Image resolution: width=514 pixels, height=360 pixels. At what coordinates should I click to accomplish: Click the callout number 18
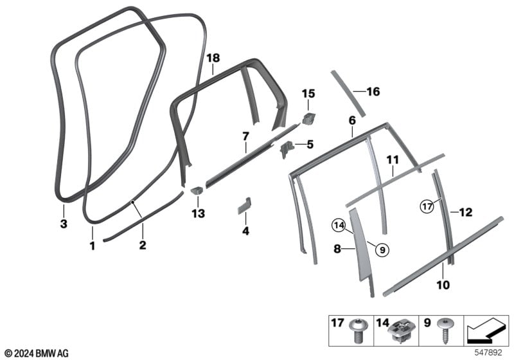click(213, 59)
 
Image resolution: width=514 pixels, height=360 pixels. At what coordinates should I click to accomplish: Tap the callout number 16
click(373, 91)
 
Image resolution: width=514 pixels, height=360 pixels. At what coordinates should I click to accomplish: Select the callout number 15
click(308, 94)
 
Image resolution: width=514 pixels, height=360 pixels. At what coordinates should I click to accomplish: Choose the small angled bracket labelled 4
click(245, 206)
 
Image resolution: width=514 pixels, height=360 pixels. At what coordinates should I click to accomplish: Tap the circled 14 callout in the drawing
click(339, 226)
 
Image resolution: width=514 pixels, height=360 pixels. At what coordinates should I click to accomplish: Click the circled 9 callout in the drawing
click(382, 251)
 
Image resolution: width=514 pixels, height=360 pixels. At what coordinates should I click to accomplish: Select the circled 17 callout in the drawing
click(427, 206)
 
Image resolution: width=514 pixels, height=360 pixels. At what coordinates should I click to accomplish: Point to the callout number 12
click(466, 212)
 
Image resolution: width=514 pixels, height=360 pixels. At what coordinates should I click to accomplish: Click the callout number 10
click(443, 285)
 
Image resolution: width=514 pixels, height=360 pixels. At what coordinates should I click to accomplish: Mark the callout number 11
click(393, 160)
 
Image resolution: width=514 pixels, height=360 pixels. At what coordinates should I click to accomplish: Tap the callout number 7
click(245, 136)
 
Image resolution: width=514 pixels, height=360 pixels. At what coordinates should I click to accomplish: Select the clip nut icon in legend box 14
click(402, 331)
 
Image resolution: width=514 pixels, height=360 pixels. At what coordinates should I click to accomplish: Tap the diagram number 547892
click(488, 353)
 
